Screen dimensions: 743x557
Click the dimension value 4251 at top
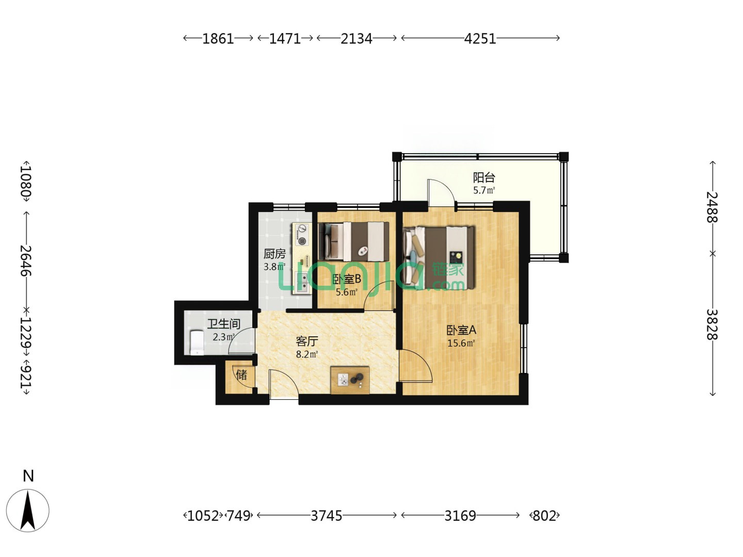pos(480,39)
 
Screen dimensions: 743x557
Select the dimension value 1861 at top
pos(218,39)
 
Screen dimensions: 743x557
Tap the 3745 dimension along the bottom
pos(326,515)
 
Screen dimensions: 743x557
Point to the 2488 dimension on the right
pos(712,207)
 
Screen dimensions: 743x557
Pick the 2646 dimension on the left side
pos(26,260)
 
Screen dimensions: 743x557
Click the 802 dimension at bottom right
pos(544,515)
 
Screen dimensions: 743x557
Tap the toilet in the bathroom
pos(197,342)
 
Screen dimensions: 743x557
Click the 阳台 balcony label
pos(483,177)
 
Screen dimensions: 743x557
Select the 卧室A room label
pos(461,330)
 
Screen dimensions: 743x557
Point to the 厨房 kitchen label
pos(274,253)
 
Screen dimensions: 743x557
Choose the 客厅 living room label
pos(306,341)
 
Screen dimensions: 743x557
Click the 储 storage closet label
pos(241,375)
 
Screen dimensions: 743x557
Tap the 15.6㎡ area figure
pos(461,343)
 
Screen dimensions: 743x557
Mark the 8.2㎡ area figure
pos(306,354)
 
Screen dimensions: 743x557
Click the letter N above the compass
pos(28,476)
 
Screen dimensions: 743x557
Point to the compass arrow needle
pos(28,511)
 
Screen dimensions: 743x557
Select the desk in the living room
pos(350,380)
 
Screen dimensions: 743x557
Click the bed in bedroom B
pos(353,241)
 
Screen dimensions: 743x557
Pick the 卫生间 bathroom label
pos(224,324)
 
